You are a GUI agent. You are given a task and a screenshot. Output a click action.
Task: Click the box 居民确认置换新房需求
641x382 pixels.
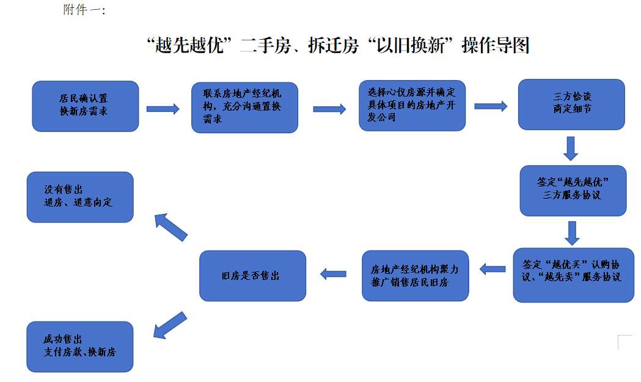click(x=85, y=106)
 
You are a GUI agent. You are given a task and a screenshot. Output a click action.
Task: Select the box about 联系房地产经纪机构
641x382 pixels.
click(x=244, y=108)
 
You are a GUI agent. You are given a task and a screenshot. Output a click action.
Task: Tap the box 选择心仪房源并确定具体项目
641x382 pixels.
click(x=412, y=105)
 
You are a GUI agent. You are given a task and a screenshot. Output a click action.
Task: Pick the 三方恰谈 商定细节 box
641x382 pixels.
click(x=571, y=104)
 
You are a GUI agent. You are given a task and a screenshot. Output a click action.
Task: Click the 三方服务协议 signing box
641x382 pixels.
click(x=573, y=190)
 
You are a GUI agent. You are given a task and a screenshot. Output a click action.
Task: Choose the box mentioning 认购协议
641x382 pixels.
click(x=573, y=274)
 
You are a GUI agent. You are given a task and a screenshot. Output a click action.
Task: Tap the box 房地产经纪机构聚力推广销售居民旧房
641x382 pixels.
click(x=415, y=276)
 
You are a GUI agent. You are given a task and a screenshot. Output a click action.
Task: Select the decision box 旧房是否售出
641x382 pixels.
click(x=252, y=276)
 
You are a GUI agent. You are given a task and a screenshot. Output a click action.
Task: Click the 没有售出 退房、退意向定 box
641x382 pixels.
click(x=79, y=197)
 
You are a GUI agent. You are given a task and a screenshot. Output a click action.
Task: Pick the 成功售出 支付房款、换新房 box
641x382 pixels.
click(x=79, y=347)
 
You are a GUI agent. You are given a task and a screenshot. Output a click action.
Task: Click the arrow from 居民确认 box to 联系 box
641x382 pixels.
click(x=163, y=109)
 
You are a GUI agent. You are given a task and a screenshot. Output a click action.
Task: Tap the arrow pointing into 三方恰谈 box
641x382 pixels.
click(x=491, y=106)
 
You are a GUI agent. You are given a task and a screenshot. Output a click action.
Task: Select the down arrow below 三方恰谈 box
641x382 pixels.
click(x=571, y=148)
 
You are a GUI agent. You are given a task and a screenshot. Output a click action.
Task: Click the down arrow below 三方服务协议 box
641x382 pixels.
click(x=572, y=232)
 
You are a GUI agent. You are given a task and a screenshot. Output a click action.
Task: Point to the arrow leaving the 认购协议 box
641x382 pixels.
click(x=492, y=268)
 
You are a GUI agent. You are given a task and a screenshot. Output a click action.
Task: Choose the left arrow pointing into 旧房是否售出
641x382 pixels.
click(x=334, y=274)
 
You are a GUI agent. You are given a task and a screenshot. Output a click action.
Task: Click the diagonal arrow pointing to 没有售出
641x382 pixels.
click(x=170, y=227)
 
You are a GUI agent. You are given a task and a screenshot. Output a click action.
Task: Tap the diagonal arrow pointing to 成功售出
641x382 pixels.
click(x=169, y=325)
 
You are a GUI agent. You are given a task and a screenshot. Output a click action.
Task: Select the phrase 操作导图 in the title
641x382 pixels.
click(x=496, y=46)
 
